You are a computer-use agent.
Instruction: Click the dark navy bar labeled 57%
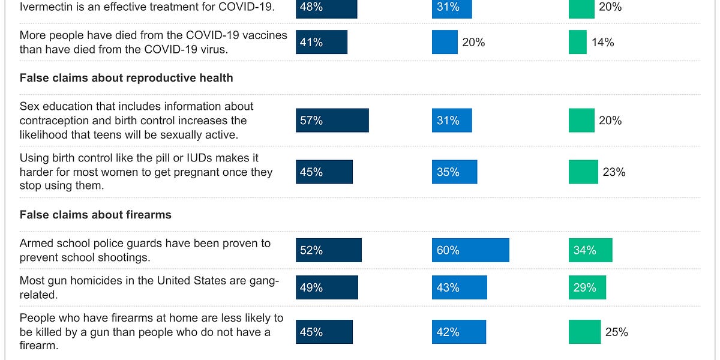(x=332, y=121)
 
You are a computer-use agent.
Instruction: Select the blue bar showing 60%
(x=470, y=250)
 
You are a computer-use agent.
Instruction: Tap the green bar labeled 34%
(x=590, y=250)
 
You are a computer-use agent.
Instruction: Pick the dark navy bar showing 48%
(x=326, y=7)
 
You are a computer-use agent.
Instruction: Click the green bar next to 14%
(x=577, y=42)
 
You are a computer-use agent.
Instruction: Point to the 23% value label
(x=614, y=172)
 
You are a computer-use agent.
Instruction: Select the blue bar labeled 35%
(x=454, y=172)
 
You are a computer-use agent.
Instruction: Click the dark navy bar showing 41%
(x=321, y=42)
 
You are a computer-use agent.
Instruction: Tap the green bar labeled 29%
(x=587, y=287)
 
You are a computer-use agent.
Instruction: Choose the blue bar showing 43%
(x=459, y=287)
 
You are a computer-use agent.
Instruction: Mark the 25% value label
(x=616, y=332)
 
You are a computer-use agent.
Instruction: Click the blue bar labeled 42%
(x=458, y=332)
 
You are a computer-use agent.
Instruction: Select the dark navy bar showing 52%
(x=328, y=250)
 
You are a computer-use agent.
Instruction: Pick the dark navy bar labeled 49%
(x=326, y=287)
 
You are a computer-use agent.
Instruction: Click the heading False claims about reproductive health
(x=126, y=78)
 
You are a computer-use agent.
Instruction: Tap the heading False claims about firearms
(x=95, y=215)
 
